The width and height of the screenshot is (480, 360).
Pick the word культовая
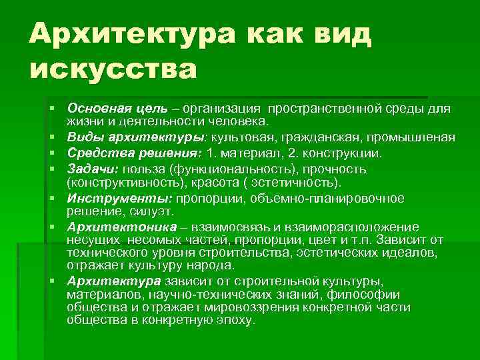pos(243,137)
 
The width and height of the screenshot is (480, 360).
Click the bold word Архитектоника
pos(111,227)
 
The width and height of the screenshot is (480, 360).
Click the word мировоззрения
pos(258,307)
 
